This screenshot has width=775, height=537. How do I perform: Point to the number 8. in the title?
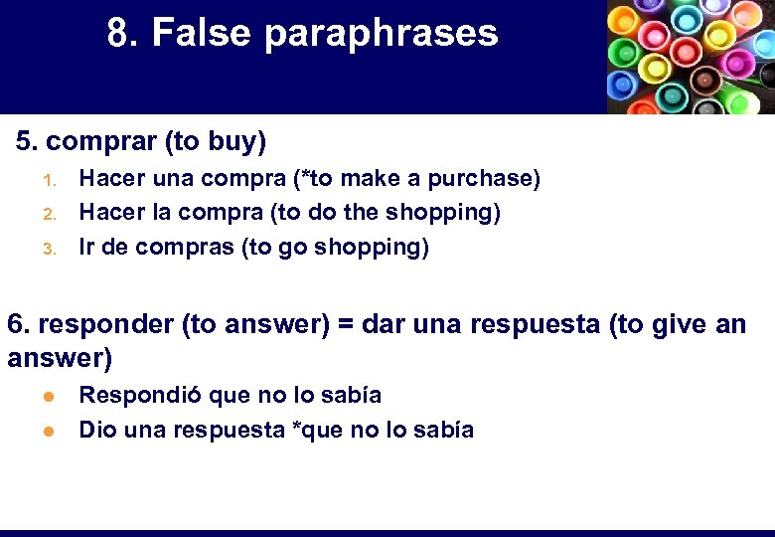tap(123, 34)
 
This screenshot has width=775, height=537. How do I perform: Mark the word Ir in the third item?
tap(87, 247)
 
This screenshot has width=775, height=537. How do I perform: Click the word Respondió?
tap(131, 396)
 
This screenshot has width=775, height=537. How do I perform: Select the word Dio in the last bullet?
tap(95, 430)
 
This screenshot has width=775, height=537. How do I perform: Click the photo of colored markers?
tap(691, 57)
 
